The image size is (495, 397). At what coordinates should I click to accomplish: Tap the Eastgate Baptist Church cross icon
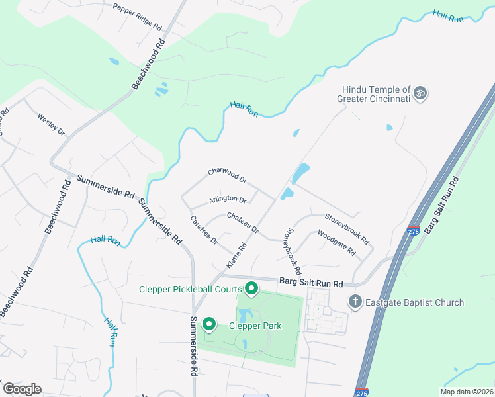(355, 302)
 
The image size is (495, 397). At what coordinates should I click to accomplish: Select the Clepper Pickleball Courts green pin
(251, 288)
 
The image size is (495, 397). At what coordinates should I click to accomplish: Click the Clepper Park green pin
(209, 324)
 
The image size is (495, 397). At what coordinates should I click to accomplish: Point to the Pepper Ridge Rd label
(137, 17)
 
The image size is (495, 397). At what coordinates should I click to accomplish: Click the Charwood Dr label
(227, 175)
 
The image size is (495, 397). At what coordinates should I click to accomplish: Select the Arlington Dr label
(228, 200)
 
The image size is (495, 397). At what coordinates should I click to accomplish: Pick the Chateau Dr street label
(242, 223)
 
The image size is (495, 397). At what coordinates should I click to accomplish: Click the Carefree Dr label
(204, 230)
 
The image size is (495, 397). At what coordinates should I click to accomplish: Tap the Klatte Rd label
(236, 255)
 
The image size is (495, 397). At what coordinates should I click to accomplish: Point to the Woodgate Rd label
(336, 243)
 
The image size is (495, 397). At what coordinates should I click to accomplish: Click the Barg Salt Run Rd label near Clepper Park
(311, 283)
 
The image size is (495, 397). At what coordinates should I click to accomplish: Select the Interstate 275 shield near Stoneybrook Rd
(414, 231)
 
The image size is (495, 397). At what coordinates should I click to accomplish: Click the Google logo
(22, 389)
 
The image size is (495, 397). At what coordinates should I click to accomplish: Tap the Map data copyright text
(467, 392)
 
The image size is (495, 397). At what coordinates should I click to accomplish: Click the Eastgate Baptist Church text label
(416, 303)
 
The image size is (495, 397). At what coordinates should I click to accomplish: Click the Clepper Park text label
(255, 326)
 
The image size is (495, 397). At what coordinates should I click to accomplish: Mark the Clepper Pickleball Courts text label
(189, 289)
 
